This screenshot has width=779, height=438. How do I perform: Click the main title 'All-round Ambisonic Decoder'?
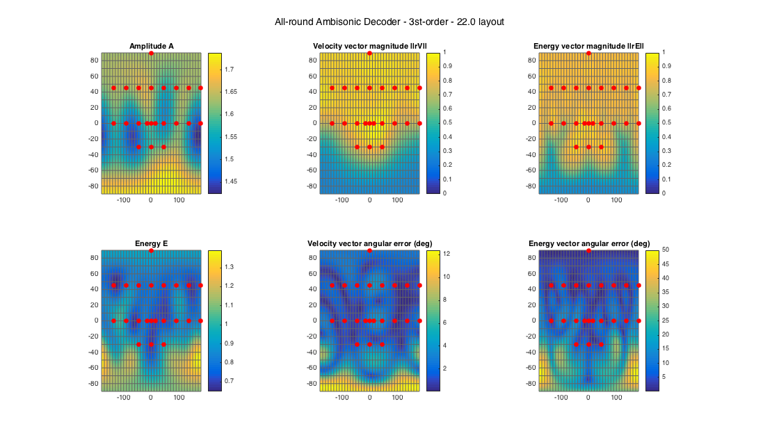point(389,22)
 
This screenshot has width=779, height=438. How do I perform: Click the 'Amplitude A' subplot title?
point(151,47)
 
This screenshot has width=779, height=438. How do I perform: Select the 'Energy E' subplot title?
point(151,244)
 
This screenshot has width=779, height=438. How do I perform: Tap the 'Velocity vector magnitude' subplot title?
point(369,47)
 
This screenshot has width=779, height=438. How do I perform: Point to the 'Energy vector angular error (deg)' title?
point(588,244)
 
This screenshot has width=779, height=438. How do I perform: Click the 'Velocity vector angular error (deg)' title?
point(369,244)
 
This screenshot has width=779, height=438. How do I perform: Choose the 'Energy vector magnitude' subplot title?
point(588,47)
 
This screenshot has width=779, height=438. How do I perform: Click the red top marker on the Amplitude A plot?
point(151,54)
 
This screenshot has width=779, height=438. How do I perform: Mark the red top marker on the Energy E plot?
point(151,250)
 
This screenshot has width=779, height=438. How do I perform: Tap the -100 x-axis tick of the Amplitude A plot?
point(124,200)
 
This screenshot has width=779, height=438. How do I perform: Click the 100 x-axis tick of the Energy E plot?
point(179,398)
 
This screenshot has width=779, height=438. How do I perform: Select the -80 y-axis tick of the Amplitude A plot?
point(94,186)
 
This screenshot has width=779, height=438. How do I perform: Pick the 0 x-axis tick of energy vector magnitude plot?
point(588,200)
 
